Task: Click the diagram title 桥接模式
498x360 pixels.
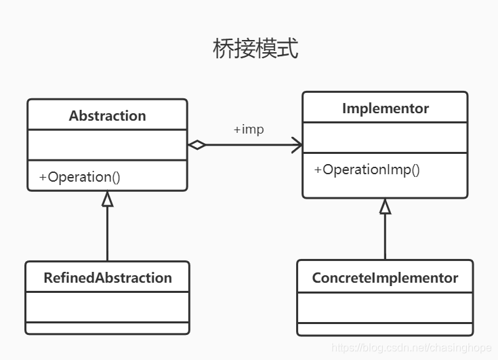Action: (x=255, y=49)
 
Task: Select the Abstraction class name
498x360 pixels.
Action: (x=107, y=115)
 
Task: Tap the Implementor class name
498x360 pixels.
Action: (x=385, y=108)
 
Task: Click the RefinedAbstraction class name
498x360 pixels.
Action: (x=107, y=277)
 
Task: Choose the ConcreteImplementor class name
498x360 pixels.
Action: (x=385, y=277)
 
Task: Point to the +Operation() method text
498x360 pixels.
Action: (x=79, y=177)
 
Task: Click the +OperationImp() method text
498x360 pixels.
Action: (x=367, y=169)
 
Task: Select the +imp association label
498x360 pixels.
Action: (x=248, y=129)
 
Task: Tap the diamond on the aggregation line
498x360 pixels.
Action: (x=196, y=144)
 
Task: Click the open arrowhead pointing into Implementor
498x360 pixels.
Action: (x=297, y=144)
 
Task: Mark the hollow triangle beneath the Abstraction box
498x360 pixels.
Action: (x=107, y=198)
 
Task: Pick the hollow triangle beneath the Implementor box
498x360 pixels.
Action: (x=385, y=206)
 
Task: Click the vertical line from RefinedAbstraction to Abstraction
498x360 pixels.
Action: (x=107, y=234)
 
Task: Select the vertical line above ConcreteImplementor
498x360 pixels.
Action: (x=385, y=237)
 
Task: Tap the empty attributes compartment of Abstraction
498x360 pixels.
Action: (x=107, y=145)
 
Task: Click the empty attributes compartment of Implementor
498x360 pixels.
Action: (x=385, y=138)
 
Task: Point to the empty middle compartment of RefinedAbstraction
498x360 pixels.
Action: (x=107, y=306)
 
